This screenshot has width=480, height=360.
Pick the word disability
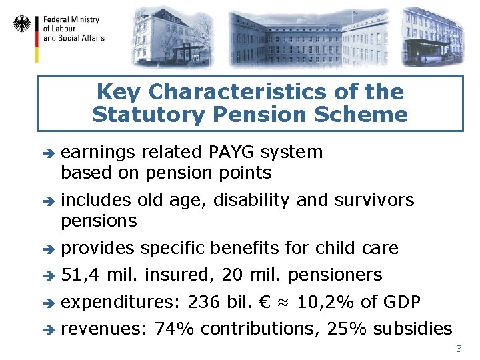point(254,200)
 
